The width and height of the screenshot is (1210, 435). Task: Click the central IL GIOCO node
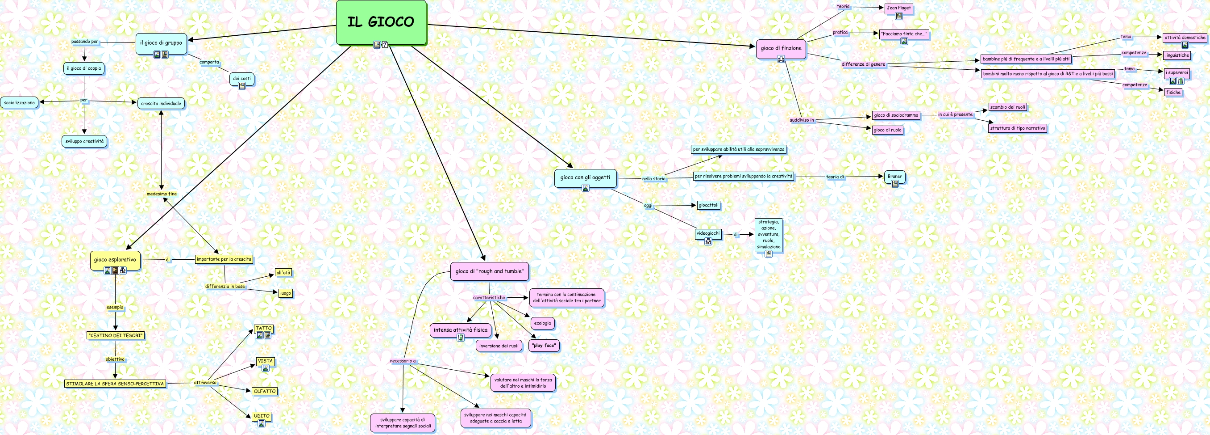[381, 21]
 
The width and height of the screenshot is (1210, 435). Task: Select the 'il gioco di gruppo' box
[161, 43]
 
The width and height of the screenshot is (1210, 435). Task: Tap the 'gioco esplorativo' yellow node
[115, 260]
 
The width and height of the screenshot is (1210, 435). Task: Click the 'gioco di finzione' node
[781, 48]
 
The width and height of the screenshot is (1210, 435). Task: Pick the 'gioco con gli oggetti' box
[585, 177]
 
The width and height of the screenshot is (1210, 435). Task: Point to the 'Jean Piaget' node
[898, 8]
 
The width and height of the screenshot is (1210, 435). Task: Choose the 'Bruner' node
[894, 176]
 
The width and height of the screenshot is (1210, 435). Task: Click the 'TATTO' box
[263, 328]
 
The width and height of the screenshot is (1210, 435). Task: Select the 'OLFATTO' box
[265, 391]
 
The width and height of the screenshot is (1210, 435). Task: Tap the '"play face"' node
[544, 346]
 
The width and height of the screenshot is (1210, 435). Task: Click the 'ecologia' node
[543, 323]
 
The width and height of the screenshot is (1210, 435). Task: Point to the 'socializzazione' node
[19, 102]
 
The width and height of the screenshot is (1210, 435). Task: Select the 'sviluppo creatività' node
[84, 141]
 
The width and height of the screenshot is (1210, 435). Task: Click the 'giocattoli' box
[708, 205]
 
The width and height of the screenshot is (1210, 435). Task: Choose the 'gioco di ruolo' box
[887, 130]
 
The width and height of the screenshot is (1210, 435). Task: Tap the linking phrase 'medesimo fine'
[162, 194]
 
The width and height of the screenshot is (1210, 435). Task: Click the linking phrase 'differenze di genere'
[863, 64]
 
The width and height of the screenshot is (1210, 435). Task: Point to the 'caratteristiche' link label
[489, 298]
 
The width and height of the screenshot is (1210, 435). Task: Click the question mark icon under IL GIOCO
[385, 45]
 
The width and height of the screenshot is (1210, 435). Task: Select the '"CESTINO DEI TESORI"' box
[116, 336]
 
